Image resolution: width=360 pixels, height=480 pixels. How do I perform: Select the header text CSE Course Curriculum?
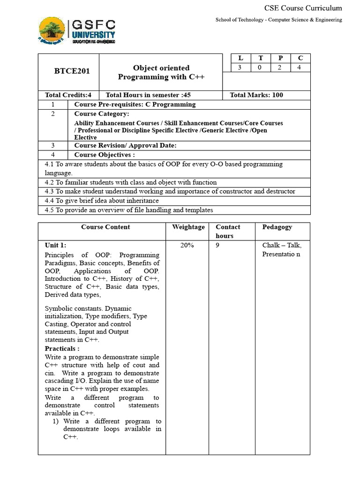point(303,8)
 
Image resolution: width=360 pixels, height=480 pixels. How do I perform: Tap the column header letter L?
point(241,58)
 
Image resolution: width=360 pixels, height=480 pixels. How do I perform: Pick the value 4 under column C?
point(300,67)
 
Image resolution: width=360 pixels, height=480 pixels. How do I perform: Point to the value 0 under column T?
point(261,67)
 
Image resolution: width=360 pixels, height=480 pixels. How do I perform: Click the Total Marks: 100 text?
point(256,95)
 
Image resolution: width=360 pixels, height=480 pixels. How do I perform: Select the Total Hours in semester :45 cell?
point(148,95)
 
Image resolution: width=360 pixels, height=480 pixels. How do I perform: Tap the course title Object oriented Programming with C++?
point(161,72)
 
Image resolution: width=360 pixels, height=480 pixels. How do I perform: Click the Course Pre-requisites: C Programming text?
point(135,104)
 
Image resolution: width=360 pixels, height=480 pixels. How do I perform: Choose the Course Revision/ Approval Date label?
point(125,145)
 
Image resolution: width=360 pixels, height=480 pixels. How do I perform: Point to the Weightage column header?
point(188,227)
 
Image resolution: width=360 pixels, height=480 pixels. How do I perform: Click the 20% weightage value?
point(187,245)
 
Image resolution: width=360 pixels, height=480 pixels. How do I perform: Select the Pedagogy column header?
point(277,227)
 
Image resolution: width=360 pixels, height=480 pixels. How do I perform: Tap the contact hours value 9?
point(217,245)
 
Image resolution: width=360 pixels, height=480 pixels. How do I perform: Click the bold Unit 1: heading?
point(56,245)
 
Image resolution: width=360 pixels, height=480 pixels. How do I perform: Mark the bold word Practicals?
point(62,349)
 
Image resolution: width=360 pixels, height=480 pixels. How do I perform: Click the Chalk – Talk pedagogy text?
point(282,245)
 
